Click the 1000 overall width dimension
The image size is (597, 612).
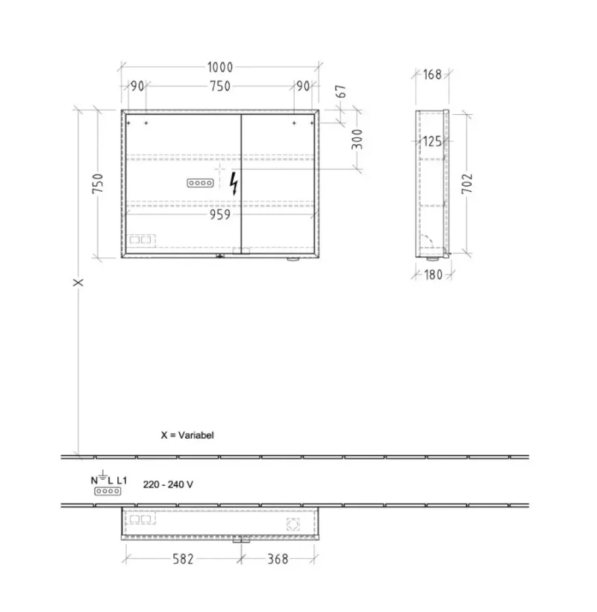pos(220,67)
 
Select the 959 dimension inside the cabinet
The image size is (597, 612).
pos(220,214)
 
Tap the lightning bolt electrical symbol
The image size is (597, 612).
pos(234,184)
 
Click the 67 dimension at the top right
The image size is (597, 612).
pos(341,91)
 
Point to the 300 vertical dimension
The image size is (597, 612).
pos(357,140)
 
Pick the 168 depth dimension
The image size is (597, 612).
pos(432,74)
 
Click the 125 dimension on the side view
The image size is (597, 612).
pos(432,141)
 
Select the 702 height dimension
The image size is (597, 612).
pos(467,184)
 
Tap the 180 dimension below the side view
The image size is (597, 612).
pos(433,275)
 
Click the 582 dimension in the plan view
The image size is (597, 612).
pos(183,559)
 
